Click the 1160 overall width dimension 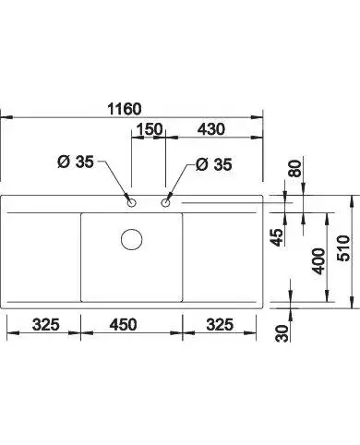coord(125,109)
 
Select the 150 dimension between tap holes coord(150,129)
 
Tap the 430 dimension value coord(211,129)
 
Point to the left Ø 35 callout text coord(76,162)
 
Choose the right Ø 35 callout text coord(213,164)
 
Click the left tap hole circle coord(132,203)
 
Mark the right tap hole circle coord(165,203)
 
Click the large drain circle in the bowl coord(132,239)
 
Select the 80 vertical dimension coord(295,168)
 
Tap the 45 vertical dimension coord(277,237)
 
